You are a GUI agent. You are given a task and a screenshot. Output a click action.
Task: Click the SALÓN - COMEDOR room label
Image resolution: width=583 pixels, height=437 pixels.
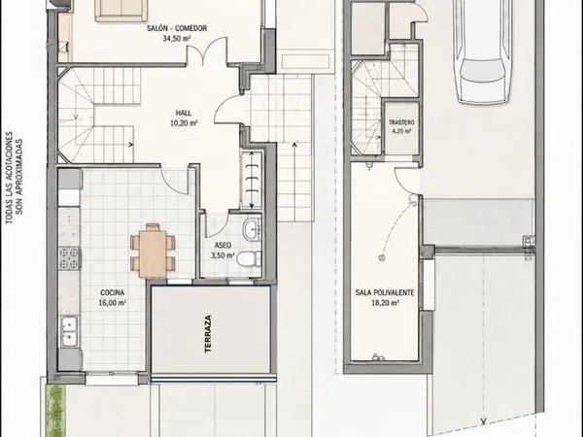177,28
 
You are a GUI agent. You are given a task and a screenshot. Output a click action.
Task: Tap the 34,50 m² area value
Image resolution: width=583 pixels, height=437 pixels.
177,38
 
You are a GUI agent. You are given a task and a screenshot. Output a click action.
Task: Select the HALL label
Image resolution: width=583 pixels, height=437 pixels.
184,113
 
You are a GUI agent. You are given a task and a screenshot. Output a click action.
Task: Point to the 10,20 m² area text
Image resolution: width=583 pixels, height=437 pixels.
184,123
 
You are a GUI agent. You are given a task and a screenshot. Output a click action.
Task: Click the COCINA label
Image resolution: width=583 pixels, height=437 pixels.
113,293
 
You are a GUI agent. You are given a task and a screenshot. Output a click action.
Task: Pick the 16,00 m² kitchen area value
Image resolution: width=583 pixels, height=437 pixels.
113,302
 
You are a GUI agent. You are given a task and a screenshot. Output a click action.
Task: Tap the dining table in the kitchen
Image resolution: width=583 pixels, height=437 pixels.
153,252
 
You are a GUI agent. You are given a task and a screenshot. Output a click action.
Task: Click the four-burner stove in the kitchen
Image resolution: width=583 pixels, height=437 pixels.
70,258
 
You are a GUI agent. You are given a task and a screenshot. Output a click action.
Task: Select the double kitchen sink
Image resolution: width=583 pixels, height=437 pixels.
70,331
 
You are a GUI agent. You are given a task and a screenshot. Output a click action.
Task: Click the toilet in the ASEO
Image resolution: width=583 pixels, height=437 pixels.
249,258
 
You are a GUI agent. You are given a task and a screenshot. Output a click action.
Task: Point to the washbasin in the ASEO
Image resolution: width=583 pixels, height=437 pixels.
252,228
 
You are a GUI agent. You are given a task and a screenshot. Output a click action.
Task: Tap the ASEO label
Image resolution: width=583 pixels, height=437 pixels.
223,246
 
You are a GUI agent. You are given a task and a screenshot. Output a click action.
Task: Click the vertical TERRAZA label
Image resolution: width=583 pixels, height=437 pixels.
208,334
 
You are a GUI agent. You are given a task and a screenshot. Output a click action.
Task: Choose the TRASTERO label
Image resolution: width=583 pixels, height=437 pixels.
401,122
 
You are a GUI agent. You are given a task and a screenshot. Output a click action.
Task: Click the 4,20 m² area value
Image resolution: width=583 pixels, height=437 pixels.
401,131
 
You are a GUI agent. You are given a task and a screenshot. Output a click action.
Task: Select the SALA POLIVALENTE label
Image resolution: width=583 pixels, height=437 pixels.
385,293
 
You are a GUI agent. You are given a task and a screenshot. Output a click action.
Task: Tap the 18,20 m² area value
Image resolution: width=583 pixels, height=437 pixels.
385,302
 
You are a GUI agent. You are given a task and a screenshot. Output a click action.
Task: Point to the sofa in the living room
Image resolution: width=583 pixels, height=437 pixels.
120,11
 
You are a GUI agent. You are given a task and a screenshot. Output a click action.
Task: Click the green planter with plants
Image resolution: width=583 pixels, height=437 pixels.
55,411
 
